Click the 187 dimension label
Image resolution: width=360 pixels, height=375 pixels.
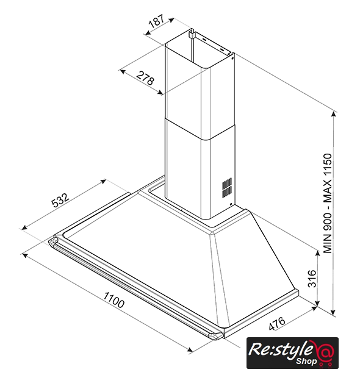coord(157,21)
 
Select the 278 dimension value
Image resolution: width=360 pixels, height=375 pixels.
coord(145,77)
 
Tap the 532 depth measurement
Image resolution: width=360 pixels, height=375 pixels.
coord(60,200)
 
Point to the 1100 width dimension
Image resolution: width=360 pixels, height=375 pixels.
coord(114,299)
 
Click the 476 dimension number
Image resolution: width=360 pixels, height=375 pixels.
coord(276,323)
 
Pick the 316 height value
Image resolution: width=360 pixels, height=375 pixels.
coord(312,279)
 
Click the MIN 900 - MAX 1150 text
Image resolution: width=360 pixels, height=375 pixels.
coord(328,204)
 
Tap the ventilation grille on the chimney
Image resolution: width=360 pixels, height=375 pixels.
coord(227,188)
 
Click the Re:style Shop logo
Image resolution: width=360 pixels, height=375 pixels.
coord(292,353)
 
